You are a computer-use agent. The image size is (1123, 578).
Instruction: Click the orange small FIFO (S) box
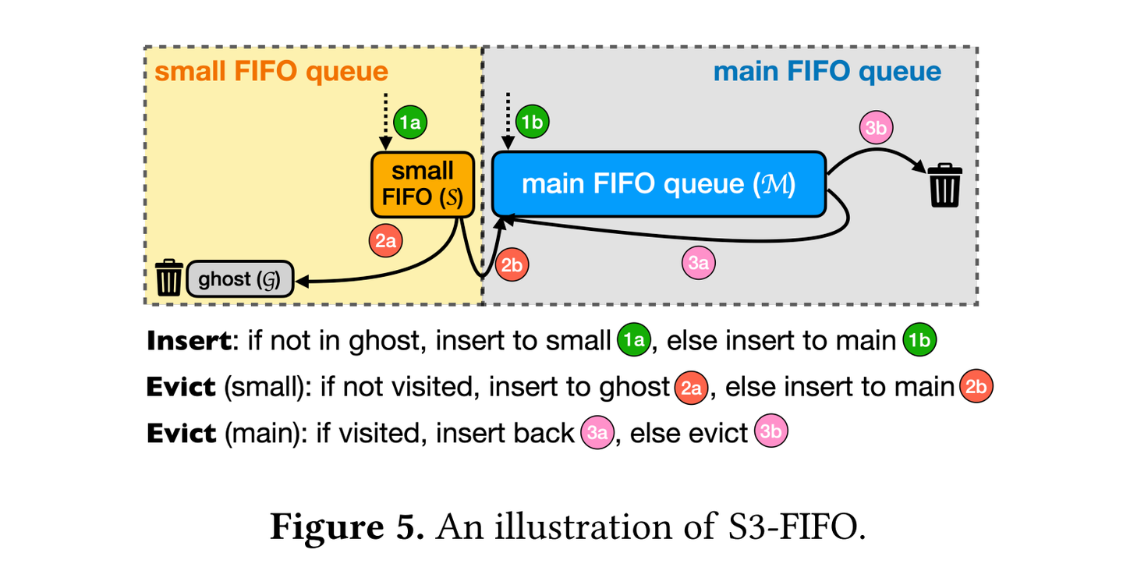tap(423, 184)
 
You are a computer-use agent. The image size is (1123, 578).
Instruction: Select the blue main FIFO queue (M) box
tap(658, 184)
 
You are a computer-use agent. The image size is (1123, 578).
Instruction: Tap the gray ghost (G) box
tap(239, 279)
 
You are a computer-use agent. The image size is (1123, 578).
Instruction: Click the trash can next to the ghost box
tap(169, 278)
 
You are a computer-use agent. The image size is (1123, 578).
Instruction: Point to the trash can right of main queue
tap(944, 185)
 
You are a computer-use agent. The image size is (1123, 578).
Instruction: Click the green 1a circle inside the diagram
tap(410, 122)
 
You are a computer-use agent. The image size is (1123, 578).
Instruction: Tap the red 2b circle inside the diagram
tap(512, 266)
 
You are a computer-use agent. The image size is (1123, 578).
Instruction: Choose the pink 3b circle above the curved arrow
tap(876, 129)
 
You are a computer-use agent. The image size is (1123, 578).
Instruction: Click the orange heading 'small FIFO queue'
tap(271, 72)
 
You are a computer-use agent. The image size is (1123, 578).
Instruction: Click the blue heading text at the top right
tap(827, 72)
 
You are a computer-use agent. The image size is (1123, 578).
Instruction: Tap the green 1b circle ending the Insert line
tap(919, 342)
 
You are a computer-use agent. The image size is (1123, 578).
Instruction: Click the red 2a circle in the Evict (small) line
tap(689, 388)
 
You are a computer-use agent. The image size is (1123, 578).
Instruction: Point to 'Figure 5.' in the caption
tap(346, 527)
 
